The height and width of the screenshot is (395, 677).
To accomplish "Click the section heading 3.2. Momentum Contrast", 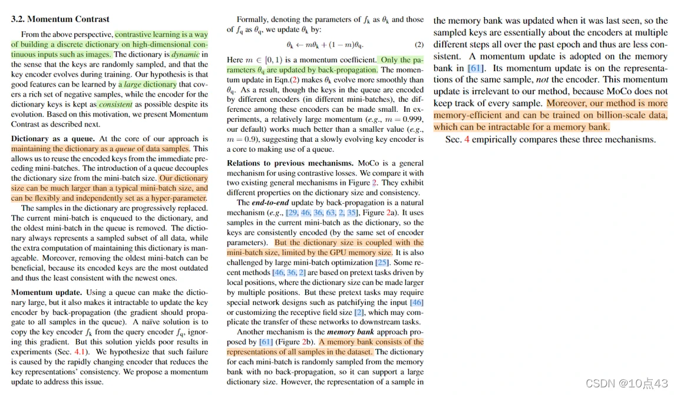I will point(60,19).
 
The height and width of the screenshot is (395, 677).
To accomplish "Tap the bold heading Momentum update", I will point(47,293).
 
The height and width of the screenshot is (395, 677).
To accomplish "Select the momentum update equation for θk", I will point(325,45).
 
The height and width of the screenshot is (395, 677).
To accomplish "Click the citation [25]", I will point(382,263).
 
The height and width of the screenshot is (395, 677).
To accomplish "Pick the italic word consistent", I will point(115,104).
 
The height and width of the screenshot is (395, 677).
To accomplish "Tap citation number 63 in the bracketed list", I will point(331,213).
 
